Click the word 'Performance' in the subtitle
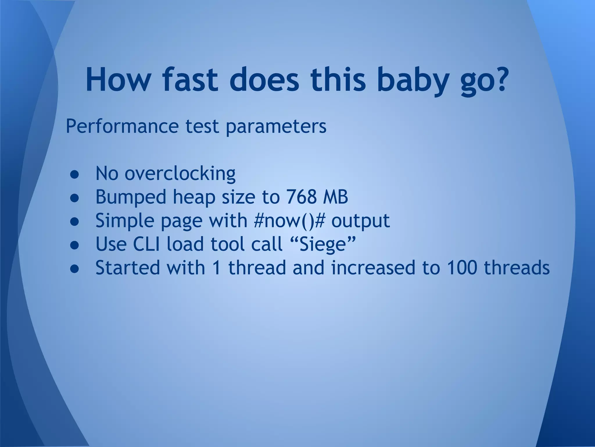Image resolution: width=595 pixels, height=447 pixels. tap(122, 126)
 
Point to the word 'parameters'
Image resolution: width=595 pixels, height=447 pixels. tap(276, 127)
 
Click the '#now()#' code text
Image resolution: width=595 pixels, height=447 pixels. tap(289, 220)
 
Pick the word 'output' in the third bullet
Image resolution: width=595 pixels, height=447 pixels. tap(360, 221)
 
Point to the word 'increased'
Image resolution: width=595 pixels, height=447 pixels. tap(373, 267)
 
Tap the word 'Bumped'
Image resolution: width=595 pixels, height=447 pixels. tap(131, 197)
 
